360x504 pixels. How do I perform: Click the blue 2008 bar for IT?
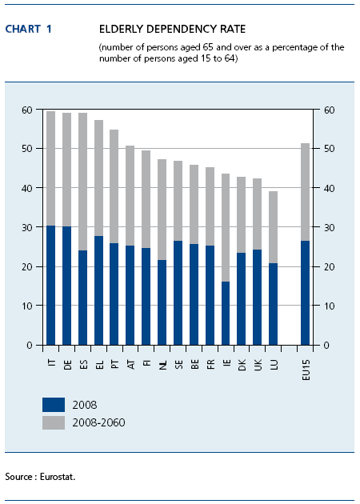click(x=50, y=286)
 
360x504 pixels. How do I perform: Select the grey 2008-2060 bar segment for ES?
click(x=82, y=182)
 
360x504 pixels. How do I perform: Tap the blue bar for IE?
click(x=226, y=314)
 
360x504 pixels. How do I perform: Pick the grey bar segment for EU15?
click(x=305, y=192)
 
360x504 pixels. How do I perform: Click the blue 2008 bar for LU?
click(x=274, y=304)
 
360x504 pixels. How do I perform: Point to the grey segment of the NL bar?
click(x=162, y=210)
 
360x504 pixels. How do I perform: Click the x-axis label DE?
click(x=67, y=365)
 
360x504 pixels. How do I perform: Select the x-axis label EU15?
click(x=306, y=370)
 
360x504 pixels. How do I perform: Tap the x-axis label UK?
click(x=258, y=365)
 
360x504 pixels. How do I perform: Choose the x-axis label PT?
click(x=115, y=364)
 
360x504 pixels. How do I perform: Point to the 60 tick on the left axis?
click(x=27, y=110)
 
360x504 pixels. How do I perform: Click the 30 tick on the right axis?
click(x=329, y=227)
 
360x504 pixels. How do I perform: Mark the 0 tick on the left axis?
click(x=30, y=346)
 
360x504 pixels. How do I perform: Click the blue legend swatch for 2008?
click(x=54, y=405)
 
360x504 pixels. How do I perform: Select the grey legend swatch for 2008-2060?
click(x=54, y=422)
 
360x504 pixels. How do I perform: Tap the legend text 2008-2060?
click(x=98, y=422)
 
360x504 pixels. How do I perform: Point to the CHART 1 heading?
click(x=28, y=30)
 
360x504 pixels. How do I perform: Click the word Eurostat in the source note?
click(x=58, y=477)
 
